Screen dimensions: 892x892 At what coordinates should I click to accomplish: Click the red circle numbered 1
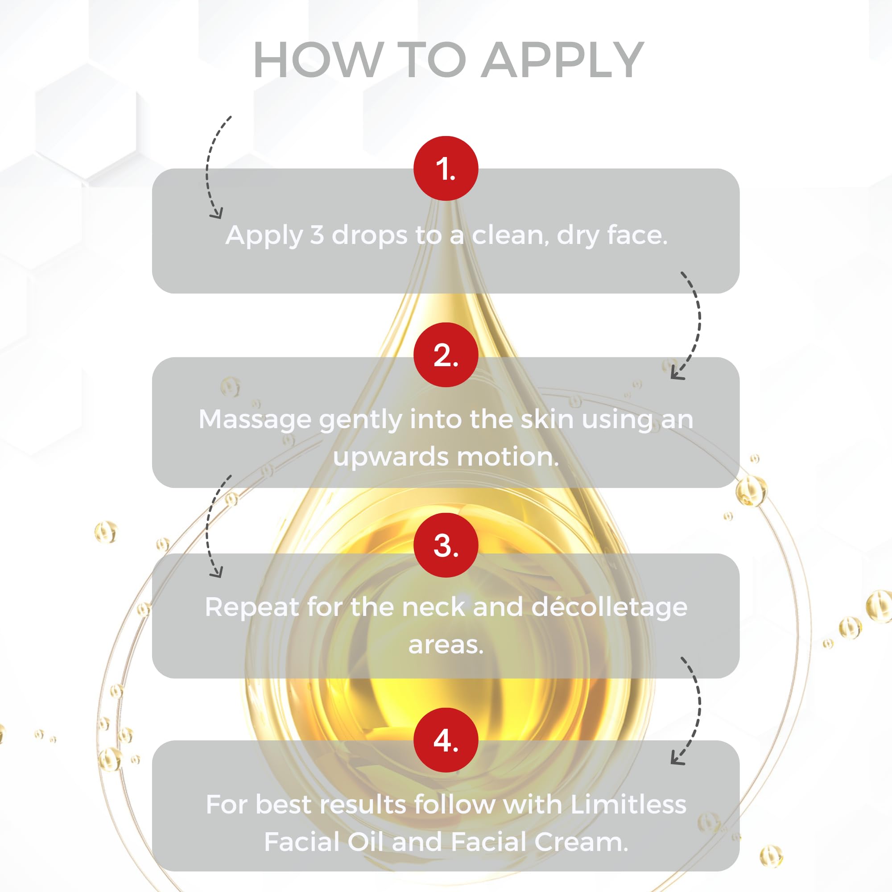point(446,168)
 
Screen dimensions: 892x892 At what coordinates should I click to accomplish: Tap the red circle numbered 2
point(446,355)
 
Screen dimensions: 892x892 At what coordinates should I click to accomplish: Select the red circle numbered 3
point(446,545)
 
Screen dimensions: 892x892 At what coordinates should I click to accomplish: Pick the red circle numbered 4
point(446,740)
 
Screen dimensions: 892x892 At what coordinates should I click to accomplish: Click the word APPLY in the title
point(563,60)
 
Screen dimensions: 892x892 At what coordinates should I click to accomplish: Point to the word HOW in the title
point(318,60)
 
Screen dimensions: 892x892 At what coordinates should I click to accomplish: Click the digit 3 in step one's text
point(317,235)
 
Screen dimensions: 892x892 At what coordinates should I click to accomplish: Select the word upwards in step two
point(391,457)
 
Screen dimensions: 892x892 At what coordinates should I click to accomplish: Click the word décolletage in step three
point(609,607)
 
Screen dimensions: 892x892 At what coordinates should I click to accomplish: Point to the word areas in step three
point(446,645)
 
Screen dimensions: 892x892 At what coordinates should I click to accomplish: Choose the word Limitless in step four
point(628,804)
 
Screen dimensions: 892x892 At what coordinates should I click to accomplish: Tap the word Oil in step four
point(365,842)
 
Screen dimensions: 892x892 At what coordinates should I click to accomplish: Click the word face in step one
point(637,235)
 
